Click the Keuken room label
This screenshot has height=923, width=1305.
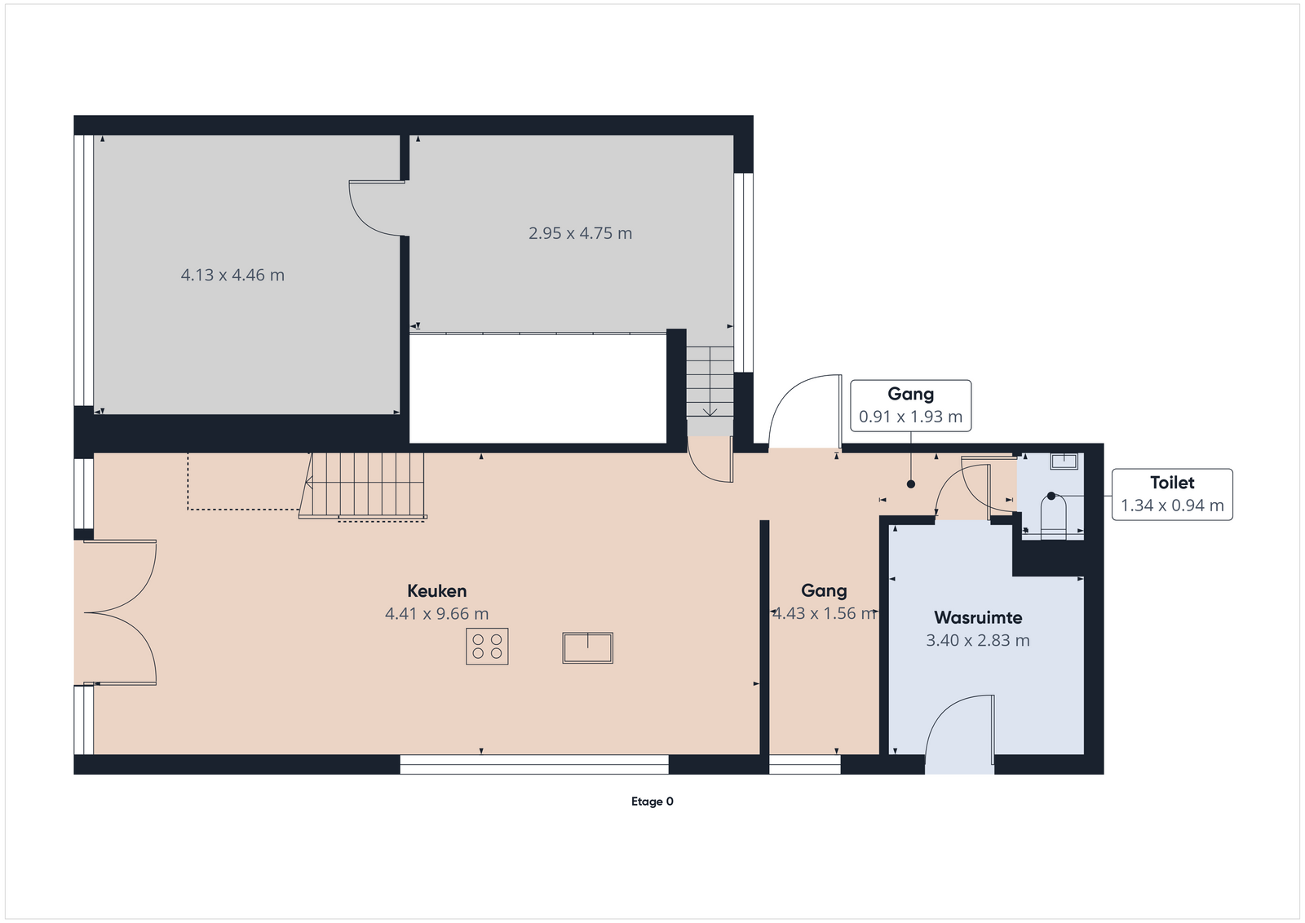coord(437,591)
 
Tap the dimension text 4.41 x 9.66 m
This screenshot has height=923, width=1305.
coord(437,614)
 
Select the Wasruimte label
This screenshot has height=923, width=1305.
coord(978,617)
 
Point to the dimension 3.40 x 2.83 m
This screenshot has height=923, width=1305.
coord(978,641)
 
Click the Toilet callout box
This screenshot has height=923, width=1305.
coord(1172,494)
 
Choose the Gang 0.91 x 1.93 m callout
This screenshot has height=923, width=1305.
coord(910,406)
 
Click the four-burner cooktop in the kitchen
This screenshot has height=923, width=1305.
coord(487,647)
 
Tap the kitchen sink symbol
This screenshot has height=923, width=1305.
coord(588,648)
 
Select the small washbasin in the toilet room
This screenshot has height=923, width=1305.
coord(1064,461)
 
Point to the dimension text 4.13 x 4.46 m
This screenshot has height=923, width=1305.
coord(233,275)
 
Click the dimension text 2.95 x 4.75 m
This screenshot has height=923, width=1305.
coord(580,233)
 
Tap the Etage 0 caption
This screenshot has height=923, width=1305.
coord(652,802)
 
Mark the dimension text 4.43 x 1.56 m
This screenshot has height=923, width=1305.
coord(825,614)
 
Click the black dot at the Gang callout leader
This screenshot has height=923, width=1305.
coord(911,484)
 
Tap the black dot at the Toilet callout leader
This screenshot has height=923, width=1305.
coord(1051,496)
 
